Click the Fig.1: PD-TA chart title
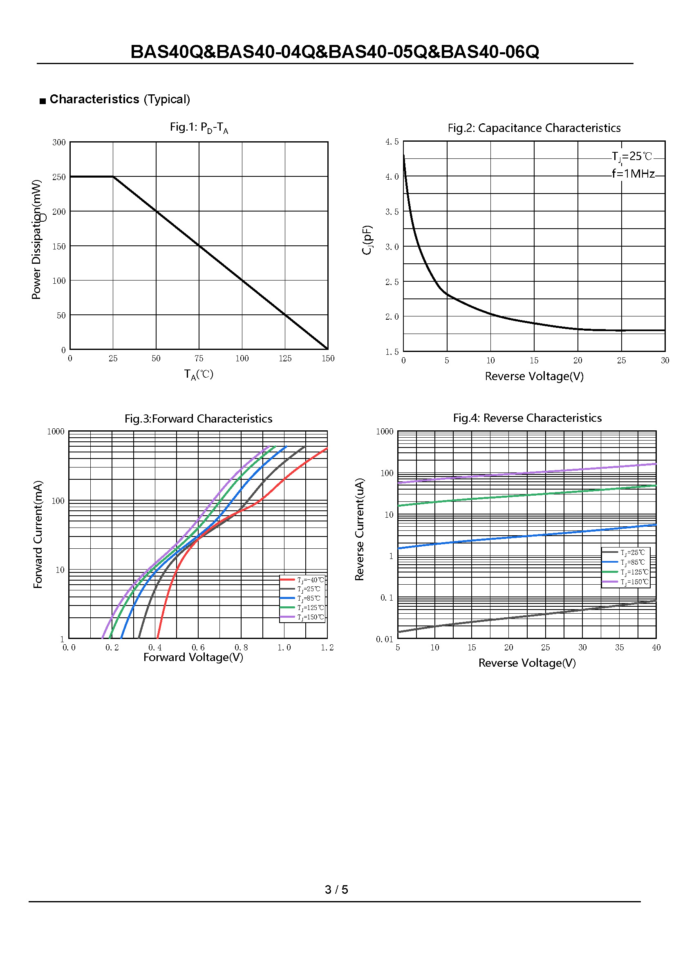(x=199, y=127)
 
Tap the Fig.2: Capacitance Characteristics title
(x=534, y=128)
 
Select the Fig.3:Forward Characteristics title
(x=198, y=419)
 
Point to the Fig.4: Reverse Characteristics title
(x=527, y=418)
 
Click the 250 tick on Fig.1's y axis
(x=59, y=177)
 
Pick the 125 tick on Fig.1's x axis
(x=285, y=358)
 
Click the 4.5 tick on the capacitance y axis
(x=392, y=142)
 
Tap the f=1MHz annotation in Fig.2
(x=633, y=174)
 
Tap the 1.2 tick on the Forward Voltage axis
(x=327, y=648)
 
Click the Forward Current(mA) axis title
(x=38, y=534)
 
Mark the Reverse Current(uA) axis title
(x=359, y=529)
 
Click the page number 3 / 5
(x=336, y=889)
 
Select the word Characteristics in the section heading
(x=94, y=99)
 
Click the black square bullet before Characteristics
(x=43, y=101)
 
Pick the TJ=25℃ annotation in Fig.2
(x=631, y=156)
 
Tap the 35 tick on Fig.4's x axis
(x=619, y=648)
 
